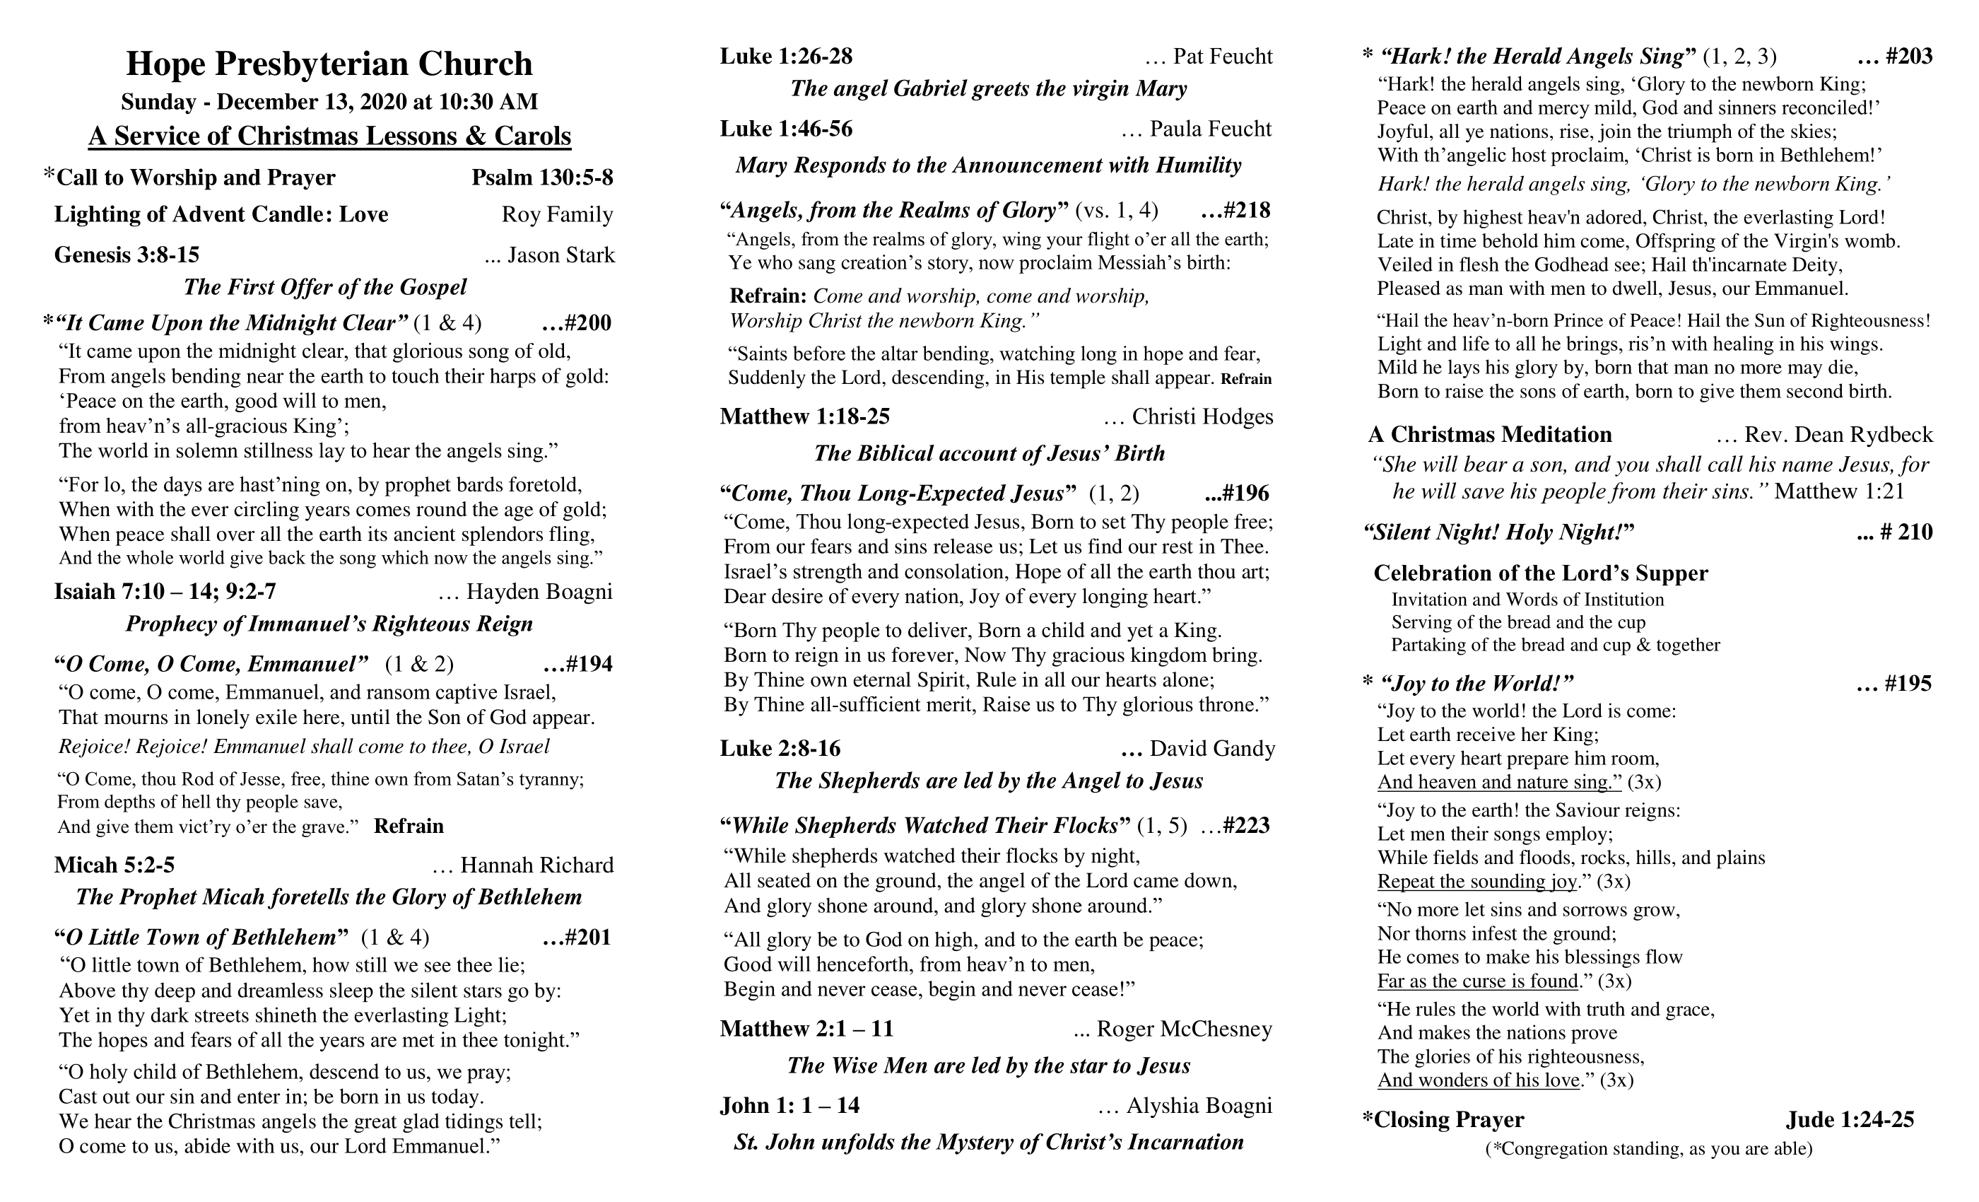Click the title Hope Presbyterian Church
click(x=329, y=64)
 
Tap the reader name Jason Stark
click(x=560, y=255)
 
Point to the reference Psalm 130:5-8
click(x=542, y=177)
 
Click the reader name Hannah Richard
click(x=536, y=865)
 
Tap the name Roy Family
click(x=558, y=214)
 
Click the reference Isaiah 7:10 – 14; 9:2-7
click(x=165, y=593)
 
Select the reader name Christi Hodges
click(x=1202, y=417)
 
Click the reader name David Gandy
click(x=1212, y=749)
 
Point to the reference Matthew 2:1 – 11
click(x=806, y=1029)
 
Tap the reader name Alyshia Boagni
click(x=1199, y=1107)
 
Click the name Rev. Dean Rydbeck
click(x=1838, y=435)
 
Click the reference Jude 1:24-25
click(x=1850, y=1120)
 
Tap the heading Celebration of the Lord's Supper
click(x=1541, y=573)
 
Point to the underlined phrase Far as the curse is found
click(x=1478, y=981)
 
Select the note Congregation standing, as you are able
click(x=1648, y=1149)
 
